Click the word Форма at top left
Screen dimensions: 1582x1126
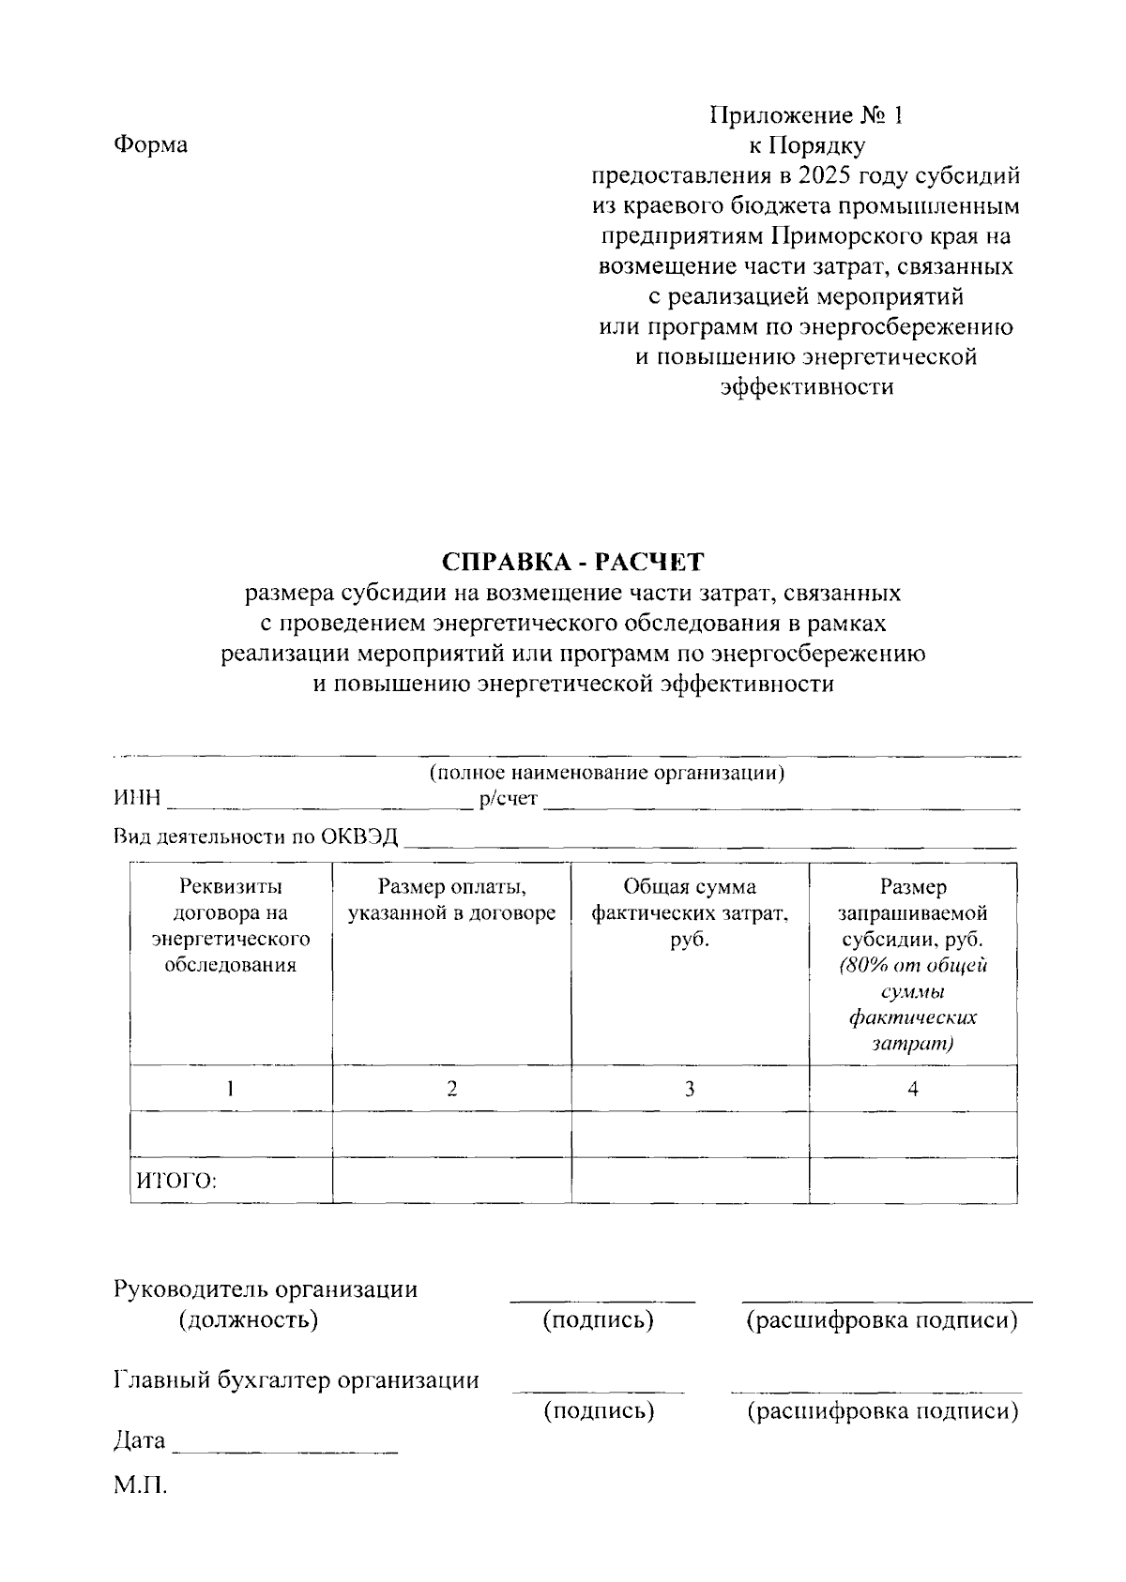[150, 145]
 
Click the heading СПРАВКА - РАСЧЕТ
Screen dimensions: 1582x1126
[573, 562]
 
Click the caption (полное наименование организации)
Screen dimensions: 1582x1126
[606, 773]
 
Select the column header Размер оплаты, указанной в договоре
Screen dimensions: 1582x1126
[451, 900]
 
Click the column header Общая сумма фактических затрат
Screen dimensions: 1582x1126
[690, 912]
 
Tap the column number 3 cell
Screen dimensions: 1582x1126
[690, 1089]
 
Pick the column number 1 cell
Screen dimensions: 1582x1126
[231, 1089]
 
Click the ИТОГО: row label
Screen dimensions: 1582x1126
[177, 1181]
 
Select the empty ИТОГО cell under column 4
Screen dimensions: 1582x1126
[912, 1180]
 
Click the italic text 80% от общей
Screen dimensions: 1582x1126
[913, 966]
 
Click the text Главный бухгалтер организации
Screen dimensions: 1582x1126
[297, 1380]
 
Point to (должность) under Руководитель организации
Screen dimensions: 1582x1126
[249, 1320]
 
